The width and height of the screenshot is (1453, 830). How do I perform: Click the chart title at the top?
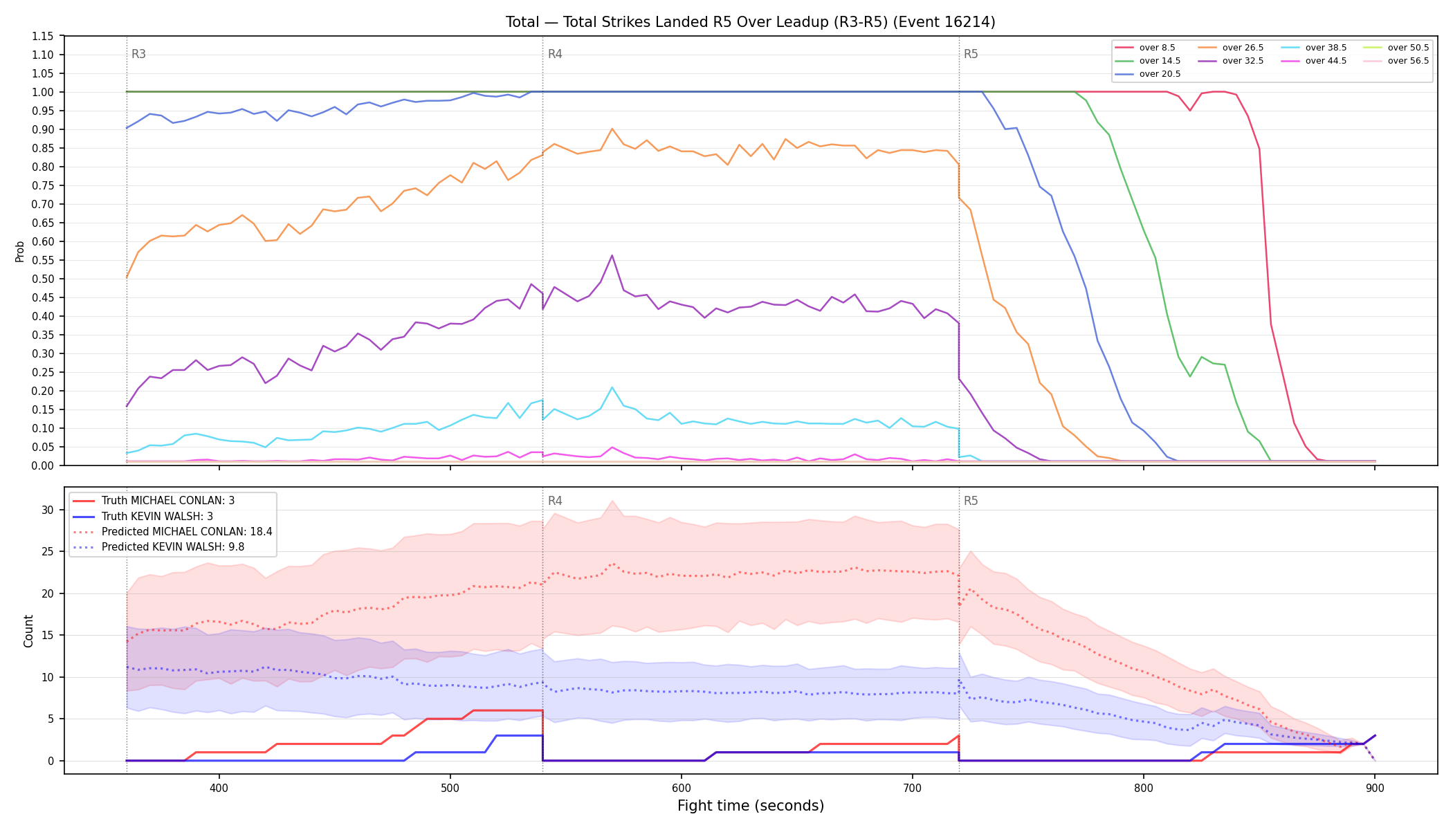[750, 22]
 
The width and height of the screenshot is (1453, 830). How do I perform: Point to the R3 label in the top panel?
[138, 54]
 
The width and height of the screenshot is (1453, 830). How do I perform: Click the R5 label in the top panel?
[971, 54]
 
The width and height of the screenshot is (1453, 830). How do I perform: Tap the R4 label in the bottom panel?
[555, 501]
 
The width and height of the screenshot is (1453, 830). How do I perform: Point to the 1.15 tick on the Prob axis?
[43, 36]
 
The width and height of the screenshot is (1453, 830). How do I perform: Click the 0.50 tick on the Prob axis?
[43, 279]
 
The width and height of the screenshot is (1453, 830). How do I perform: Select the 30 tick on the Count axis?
[47, 510]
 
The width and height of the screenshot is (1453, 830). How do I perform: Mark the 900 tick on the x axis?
[1375, 788]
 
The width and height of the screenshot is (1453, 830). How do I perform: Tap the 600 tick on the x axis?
[682, 788]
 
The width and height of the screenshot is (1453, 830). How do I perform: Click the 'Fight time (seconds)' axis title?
[751, 806]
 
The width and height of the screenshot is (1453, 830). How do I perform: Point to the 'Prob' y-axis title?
[20, 251]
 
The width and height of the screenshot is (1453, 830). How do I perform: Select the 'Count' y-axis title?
[28, 631]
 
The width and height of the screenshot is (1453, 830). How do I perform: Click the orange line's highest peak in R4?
[612, 129]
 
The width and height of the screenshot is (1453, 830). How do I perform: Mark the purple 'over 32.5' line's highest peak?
[612, 255]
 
